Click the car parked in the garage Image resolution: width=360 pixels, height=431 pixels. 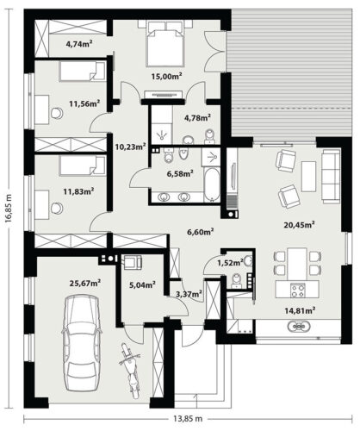pyautogui.click(x=82, y=342)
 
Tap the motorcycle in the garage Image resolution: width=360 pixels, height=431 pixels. pyautogui.click(x=131, y=371)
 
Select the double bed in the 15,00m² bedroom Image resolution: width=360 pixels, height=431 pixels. pyautogui.click(x=164, y=44)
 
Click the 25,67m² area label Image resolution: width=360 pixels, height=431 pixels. pyautogui.click(x=85, y=284)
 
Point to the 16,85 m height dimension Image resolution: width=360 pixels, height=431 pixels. pyautogui.click(x=9, y=208)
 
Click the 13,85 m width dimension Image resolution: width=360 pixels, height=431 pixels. pyautogui.click(x=188, y=419)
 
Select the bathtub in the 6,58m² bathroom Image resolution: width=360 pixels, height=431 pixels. pyautogui.click(x=212, y=184)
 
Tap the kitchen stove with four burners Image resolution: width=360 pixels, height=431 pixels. pyautogui.click(x=297, y=290)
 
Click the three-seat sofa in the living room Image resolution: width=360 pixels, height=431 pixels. pyautogui.click(x=331, y=177)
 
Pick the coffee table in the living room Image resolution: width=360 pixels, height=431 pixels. pyautogui.click(x=308, y=177)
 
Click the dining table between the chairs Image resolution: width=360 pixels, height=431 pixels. pyautogui.click(x=297, y=264)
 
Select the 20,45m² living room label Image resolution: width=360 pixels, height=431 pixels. pyautogui.click(x=300, y=225)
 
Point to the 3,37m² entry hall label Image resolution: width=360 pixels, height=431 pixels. pyautogui.click(x=189, y=294)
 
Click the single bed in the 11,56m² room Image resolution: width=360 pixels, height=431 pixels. pyautogui.click(x=82, y=71)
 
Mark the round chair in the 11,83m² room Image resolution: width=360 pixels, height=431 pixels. pyautogui.click(x=57, y=209)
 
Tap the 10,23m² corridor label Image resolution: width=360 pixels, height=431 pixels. pyautogui.click(x=131, y=147)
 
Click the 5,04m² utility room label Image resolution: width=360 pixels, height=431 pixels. pyautogui.click(x=142, y=285)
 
